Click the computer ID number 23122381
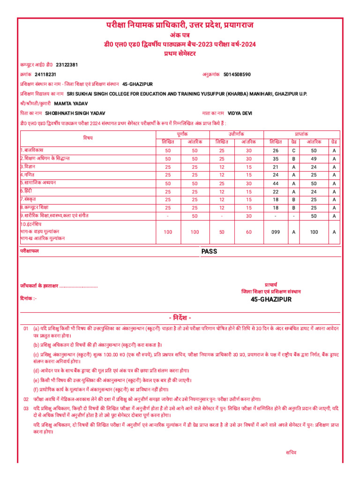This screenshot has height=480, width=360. tap(67, 64)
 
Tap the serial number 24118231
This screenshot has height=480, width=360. tap(45, 74)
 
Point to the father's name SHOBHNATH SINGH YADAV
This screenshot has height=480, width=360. tap(75, 113)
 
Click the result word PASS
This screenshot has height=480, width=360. tap(210, 251)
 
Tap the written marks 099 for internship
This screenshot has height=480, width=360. tap(276, 232)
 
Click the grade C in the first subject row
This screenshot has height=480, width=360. tap(293, 150)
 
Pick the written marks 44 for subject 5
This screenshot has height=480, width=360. tap(276, 183)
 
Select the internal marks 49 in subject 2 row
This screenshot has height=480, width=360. tap(314, 158)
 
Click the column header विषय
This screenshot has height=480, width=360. tap(88, 137)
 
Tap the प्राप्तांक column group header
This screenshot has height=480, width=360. tap(301, 134)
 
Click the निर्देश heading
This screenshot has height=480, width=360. tap(180, 317)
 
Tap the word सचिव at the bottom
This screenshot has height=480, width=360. tap(291, 452)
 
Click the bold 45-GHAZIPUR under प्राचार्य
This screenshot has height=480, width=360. tap(271, 299)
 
